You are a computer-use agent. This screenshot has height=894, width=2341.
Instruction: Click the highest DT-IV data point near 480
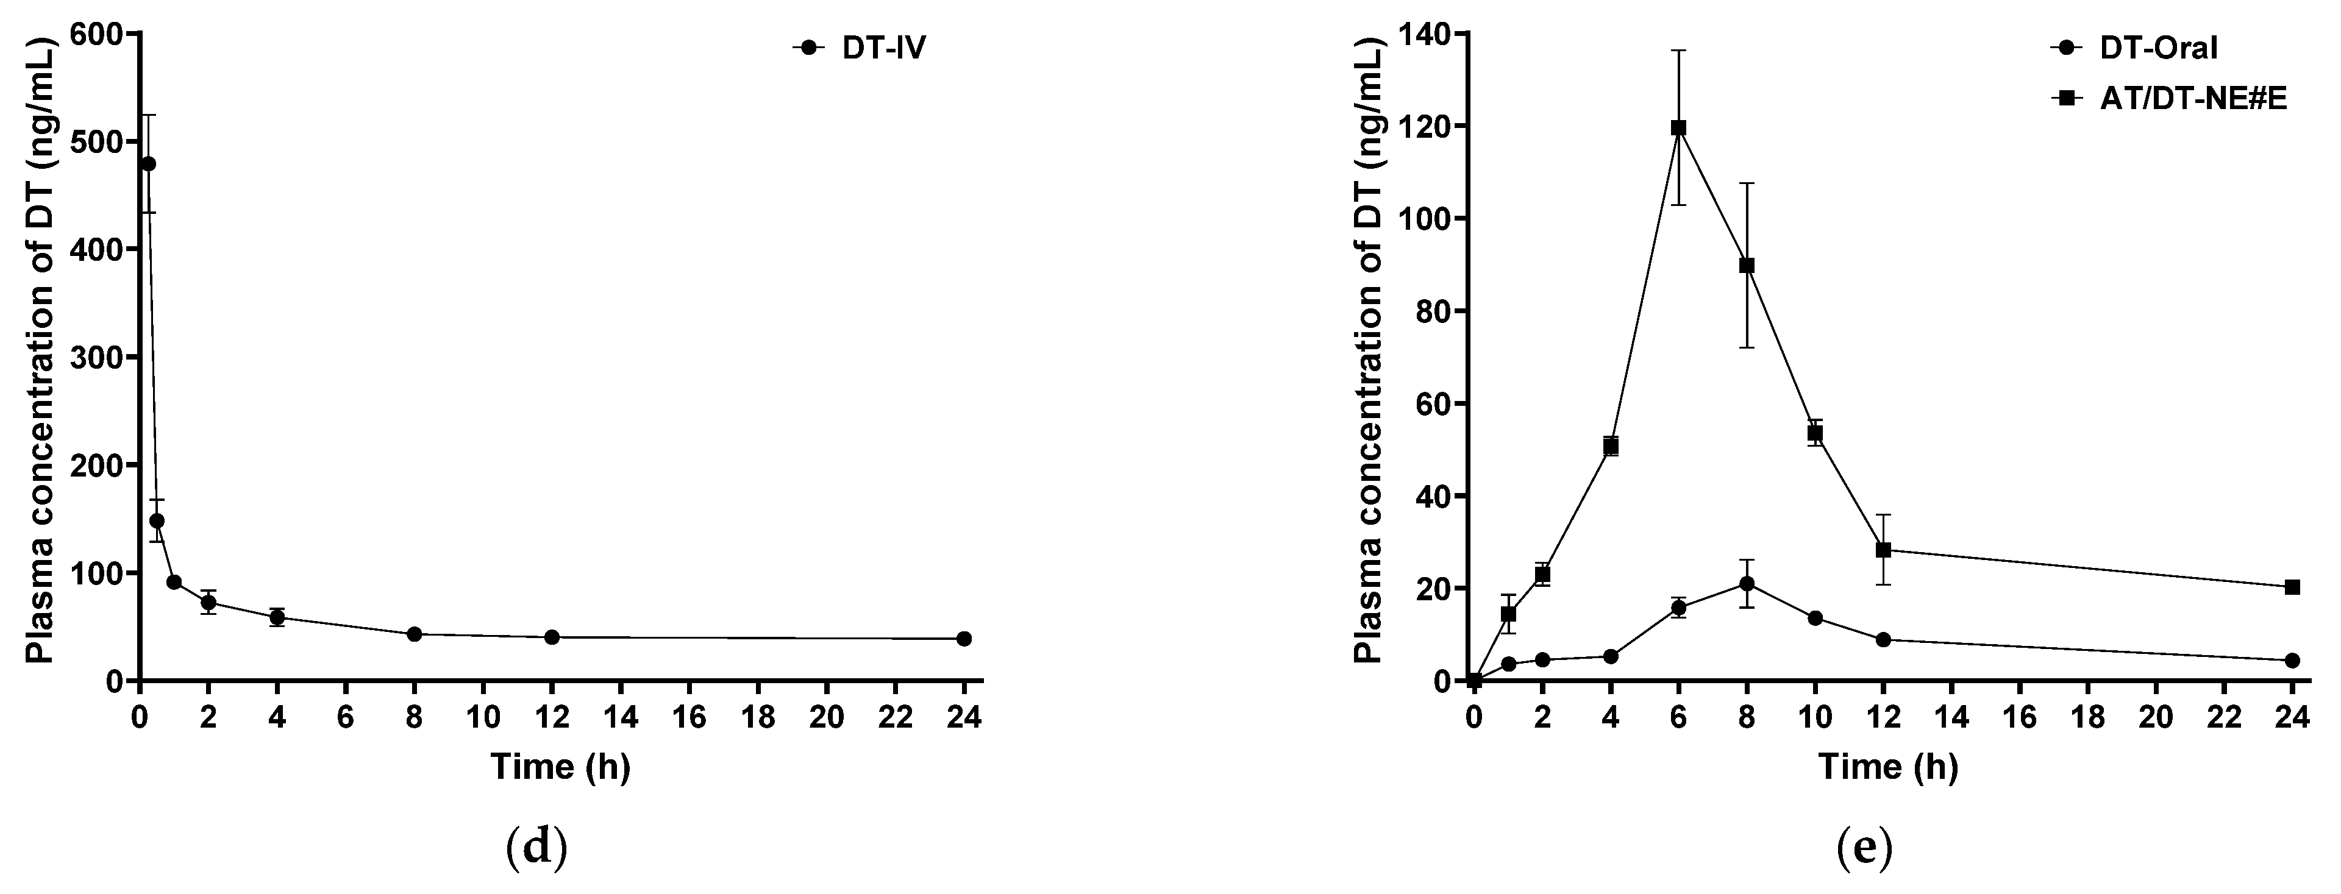point(148,163)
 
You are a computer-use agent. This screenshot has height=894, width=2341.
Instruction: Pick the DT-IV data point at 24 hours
point(964,639)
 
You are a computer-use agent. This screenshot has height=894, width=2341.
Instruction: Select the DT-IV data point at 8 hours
point(415,634)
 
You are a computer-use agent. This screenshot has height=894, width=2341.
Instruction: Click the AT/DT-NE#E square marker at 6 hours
point(1678,128)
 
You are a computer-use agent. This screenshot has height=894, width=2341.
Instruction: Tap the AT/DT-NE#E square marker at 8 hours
point(1747,265)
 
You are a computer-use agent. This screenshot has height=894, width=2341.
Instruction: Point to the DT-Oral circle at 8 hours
point(1747,583)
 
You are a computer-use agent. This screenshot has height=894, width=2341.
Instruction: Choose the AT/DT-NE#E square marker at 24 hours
point(2292,587)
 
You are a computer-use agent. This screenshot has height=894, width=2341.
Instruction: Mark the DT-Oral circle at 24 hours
point(2292,661)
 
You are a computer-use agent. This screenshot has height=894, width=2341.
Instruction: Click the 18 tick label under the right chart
point(2087,718)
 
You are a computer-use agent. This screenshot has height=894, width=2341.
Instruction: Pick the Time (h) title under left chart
point(560,767)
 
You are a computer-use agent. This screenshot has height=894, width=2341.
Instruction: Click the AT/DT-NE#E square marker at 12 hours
point(1883,550)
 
